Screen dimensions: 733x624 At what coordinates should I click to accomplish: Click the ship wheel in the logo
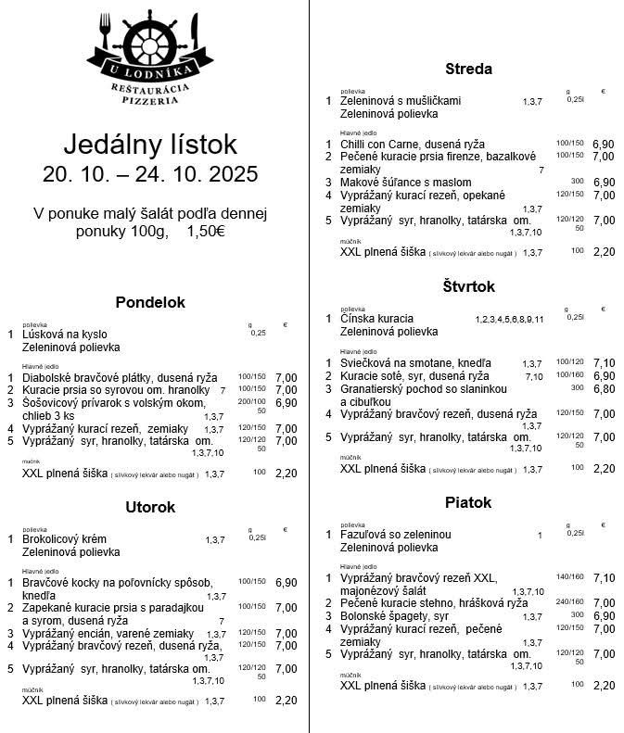click(x=149, y=40)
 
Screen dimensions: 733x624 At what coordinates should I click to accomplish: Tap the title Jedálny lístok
click(x=150, y=145)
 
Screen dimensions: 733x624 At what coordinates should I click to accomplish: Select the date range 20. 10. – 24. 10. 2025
click(x=150, y=174)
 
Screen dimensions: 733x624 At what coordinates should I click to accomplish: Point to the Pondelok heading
click(x=150, y=302)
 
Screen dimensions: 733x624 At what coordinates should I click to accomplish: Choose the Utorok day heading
click(x=150, y=507)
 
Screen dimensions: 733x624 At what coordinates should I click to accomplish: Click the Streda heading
click(x=468, y=69)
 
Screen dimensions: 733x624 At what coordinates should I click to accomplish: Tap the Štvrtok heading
click(x=468, y=286)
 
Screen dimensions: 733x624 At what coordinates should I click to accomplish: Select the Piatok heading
click(x=468, y=502)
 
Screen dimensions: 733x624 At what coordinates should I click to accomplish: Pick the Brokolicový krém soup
click(x=65, y=539)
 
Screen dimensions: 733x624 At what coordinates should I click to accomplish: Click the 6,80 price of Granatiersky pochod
click(x=604, y=389)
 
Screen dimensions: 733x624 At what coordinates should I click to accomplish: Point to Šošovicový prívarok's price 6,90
click(x=286, y=403)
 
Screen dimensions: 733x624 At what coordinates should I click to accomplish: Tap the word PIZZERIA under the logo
click(x=149, y=99)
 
